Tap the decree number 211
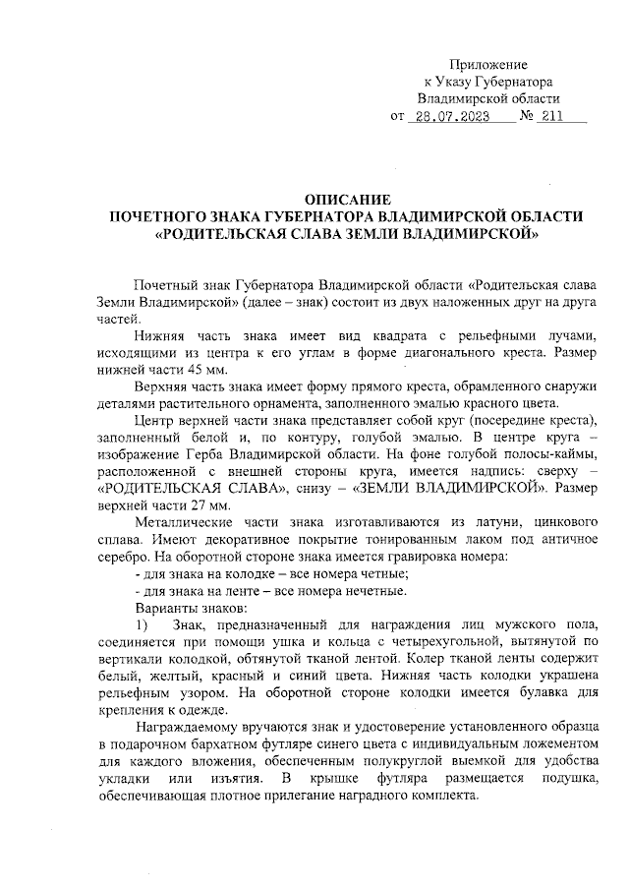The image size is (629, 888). click(551, 118)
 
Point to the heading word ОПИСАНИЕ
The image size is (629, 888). click(348, 199)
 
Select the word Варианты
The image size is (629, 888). click(163, 608)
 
